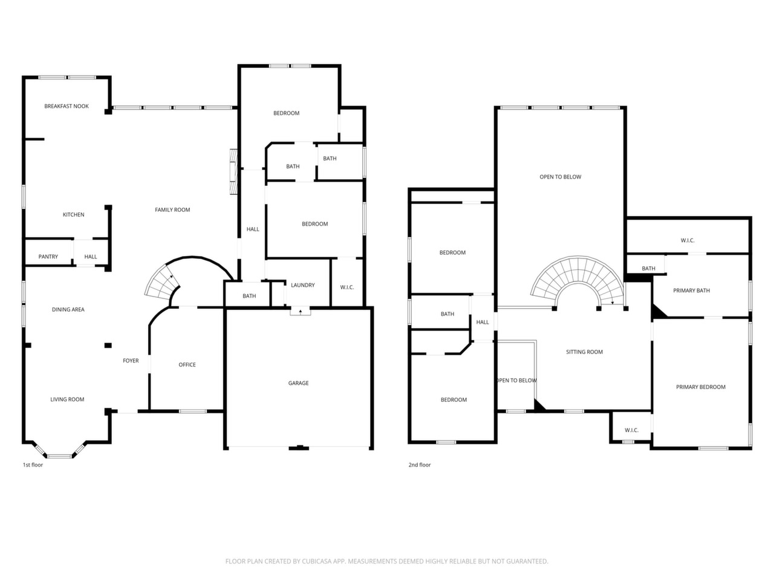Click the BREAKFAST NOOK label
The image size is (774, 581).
67,106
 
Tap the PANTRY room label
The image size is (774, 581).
48,257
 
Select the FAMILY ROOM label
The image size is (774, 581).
172,210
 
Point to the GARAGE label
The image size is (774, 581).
298,382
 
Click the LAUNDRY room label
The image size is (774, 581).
302,285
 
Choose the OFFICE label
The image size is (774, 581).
187,365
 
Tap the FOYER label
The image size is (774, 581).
131,361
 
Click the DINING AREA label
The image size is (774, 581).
68,309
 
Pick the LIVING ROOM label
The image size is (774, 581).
67,399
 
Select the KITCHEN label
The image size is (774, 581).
73,214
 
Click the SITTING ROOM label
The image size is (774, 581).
584,352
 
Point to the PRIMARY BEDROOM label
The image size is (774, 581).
700,387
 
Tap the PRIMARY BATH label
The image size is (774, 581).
691,290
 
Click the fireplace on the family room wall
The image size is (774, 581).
233,171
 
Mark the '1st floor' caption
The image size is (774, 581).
33,465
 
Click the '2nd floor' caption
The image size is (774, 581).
420,465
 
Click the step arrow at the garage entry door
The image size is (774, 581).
301,312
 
